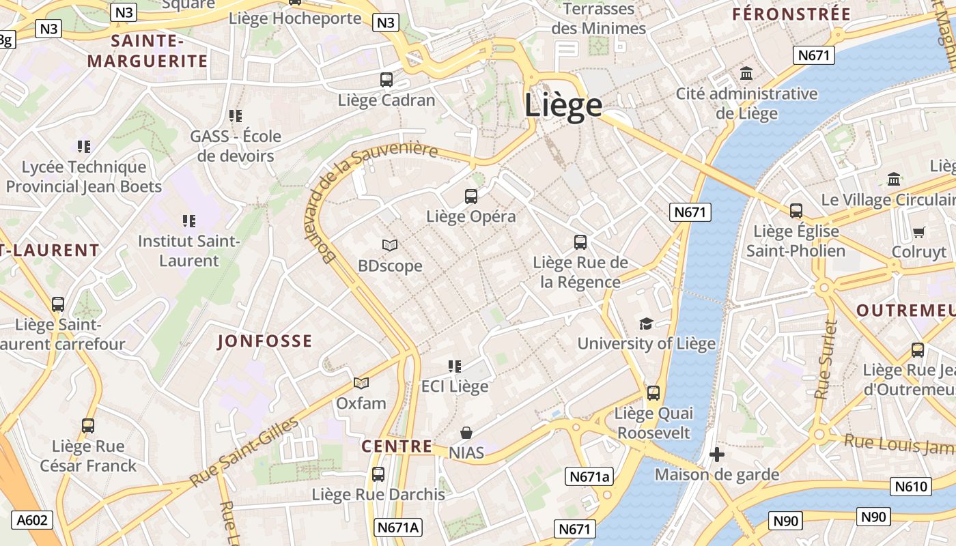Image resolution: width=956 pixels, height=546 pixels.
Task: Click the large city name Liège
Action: [563, 106]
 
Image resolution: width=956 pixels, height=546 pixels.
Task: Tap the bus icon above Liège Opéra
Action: [471, 197]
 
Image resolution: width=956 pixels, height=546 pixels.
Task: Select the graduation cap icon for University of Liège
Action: [646, 324]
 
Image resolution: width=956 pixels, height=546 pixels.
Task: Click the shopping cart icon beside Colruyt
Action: [918, 233]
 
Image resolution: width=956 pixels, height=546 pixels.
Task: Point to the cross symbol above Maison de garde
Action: [717, 455]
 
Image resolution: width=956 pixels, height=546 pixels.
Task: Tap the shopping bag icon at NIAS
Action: [466, 433]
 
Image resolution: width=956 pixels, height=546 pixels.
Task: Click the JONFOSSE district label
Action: [264, 341]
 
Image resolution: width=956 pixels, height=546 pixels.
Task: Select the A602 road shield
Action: [32, 520]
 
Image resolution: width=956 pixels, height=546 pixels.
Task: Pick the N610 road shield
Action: [911, 487]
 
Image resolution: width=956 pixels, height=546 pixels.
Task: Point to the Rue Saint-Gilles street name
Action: [244, 451]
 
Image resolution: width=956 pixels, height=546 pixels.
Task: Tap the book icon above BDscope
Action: [390, 245]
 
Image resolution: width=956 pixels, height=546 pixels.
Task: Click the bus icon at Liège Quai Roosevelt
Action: [653, 393]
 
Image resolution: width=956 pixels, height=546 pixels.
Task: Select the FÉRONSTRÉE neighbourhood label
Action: [791, 14]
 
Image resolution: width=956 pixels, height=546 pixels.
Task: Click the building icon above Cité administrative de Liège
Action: [746, 73]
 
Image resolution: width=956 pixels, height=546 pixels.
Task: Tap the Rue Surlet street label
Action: [826, 360]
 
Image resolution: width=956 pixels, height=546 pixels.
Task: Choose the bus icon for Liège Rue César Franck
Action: [88, 426]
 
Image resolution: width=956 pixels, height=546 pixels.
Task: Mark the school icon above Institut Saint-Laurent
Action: [189, 220]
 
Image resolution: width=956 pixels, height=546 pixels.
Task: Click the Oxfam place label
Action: [361, 403]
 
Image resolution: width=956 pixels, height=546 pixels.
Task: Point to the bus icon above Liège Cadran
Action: [386, 79]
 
